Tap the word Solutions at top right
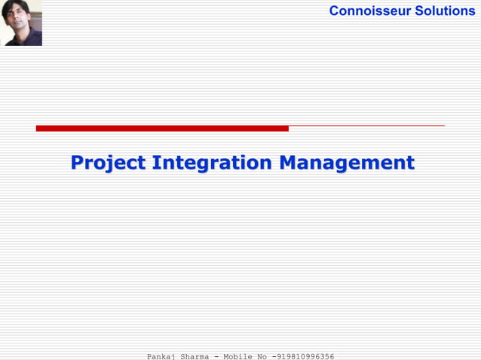click(x=445, y=11)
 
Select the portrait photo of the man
click(x=21, y=23)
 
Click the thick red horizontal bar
click(x=162, y=128)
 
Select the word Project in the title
click(x=108, y=163)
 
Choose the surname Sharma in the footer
click(x=195, y=356)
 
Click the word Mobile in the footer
click(x=237, y=356)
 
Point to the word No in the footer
click(x=262, y=356)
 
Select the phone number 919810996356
click(x=305, y=356)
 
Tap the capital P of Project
click(x=77, y=163)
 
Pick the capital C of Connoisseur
click(x=335, y=11)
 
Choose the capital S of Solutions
click(x=419, y=11)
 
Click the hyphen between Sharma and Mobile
click(x=216, y=356)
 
